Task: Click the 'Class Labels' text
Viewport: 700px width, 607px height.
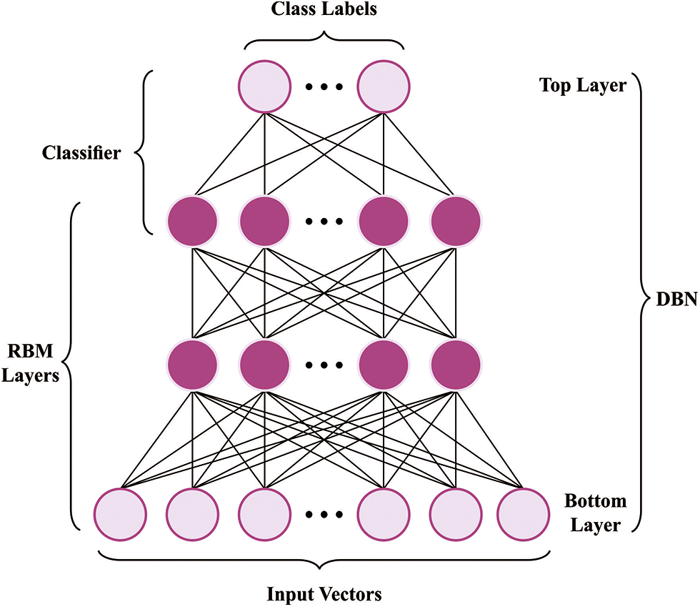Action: (x=324, y=9)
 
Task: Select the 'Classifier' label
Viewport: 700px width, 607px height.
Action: (x=81, y=153)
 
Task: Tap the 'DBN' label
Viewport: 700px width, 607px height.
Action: (x=676, y=299)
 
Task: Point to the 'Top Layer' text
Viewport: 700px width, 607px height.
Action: (x=583, y=85)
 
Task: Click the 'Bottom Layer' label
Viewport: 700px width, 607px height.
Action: (x=596, y=513)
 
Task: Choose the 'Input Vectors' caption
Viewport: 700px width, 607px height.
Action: (x=324, y=594)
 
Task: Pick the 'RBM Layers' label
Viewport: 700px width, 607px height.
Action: (x=30, y=363)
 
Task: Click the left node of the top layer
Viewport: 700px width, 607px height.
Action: (x=265, y=87)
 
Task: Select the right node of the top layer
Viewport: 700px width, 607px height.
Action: (x=384, y=87)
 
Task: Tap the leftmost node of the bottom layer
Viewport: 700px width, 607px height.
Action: (x=120, y=514)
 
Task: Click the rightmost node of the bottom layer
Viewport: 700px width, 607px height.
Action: (x=523, y=514)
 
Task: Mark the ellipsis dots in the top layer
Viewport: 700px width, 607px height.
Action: (x=324, y=87)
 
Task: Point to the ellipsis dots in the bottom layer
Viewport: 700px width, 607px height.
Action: (x=324, y=515)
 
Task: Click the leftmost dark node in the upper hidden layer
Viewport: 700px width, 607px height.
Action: (x=192, y=221)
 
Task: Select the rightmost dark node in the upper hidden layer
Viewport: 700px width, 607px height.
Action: (x=456, y=221)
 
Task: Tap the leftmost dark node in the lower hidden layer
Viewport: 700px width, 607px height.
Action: (x=192, y=365)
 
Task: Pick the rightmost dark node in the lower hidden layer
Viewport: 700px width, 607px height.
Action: (x=456, y=365)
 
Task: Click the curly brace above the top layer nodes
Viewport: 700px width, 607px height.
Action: (x=324, y=40)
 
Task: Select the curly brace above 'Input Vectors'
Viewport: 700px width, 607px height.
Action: (x=324, y=561)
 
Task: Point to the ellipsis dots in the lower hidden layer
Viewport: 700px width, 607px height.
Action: (x=324, y=365)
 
